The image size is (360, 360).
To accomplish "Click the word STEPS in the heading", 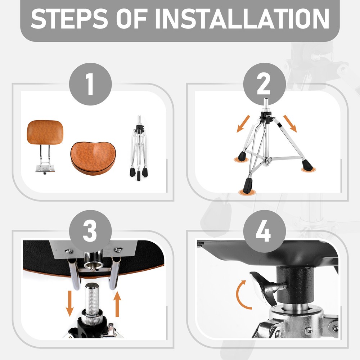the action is pyautogui.click(x=69, y=19).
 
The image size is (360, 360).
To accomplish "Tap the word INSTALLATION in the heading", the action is pyautogui.click(x=242, y=19).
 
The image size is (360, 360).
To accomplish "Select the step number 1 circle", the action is pyautogui.click(x=90, y=84).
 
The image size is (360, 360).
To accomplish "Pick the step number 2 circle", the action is pyautogui.click(x=265, y=84).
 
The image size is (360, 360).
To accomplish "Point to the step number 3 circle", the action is pyautogui.click(x=90, y=231).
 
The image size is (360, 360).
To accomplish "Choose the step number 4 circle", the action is pyautogui.click(x=265, y=231).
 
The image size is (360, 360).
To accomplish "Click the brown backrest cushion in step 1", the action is pyautogui.click(x=45, y=132).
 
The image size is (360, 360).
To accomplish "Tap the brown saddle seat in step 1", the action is pyautogui.click(x=93, y=158).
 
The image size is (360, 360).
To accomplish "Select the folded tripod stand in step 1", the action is pyautogui.click(x=139, y=148).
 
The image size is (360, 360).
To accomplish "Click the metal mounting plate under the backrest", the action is pyautogui.click(x=45, y=168).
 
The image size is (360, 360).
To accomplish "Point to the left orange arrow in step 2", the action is pyautogui.click(x=243, y=124).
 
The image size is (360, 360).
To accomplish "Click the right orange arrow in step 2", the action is pyautogui.click(x=290, y=123).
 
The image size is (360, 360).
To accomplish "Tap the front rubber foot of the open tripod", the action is pyautogui.click(x=248, y=186).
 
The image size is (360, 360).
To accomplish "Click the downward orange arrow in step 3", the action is pyautogui.click(x=69, y=303).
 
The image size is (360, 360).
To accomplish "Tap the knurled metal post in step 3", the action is pyautogui.click(x=92, y=299).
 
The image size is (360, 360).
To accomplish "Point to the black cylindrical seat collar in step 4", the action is pyautogui.click(x=295, y=285).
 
